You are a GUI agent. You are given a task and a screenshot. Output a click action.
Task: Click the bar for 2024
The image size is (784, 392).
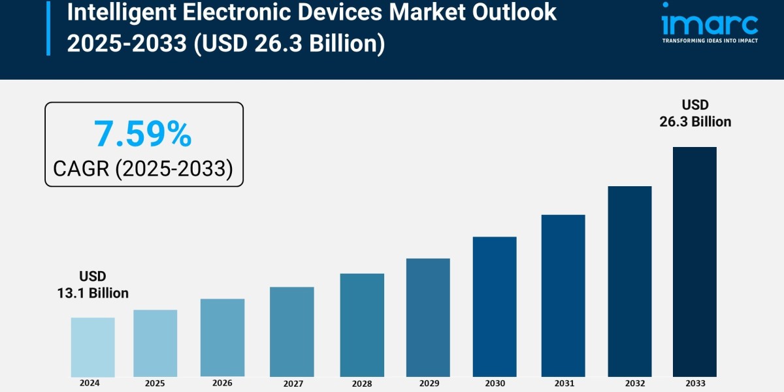(93, 347)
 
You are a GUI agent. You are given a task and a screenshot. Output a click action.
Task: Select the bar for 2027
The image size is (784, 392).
(291, 332)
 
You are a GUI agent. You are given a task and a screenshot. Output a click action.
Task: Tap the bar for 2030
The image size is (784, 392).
(495, 306)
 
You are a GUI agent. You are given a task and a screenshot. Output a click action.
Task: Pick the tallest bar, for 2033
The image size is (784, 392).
(694, 261)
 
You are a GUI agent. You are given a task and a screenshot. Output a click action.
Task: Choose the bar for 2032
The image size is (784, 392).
(630, 281)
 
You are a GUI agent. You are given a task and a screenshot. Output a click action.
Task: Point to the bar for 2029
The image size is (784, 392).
(428, 318)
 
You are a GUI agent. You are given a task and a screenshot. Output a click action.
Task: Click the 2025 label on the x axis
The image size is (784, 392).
(155, 383)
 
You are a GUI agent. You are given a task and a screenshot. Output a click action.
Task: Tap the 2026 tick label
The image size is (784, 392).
(222, 383)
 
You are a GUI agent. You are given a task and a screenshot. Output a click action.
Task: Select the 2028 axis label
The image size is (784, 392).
(362, 383)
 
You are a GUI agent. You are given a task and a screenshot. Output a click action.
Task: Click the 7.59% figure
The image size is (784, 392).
(143, 134)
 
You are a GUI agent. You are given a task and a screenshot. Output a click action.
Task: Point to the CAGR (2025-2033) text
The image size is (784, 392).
(143, 169)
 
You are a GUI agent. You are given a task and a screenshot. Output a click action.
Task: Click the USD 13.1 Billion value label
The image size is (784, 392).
(92, 285)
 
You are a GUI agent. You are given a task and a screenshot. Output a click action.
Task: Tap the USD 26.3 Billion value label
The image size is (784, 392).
(695, 113)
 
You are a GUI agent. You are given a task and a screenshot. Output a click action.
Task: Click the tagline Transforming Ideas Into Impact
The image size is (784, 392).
(710, 41)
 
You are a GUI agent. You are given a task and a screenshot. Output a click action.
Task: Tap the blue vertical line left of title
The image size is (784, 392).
(48, 27)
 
